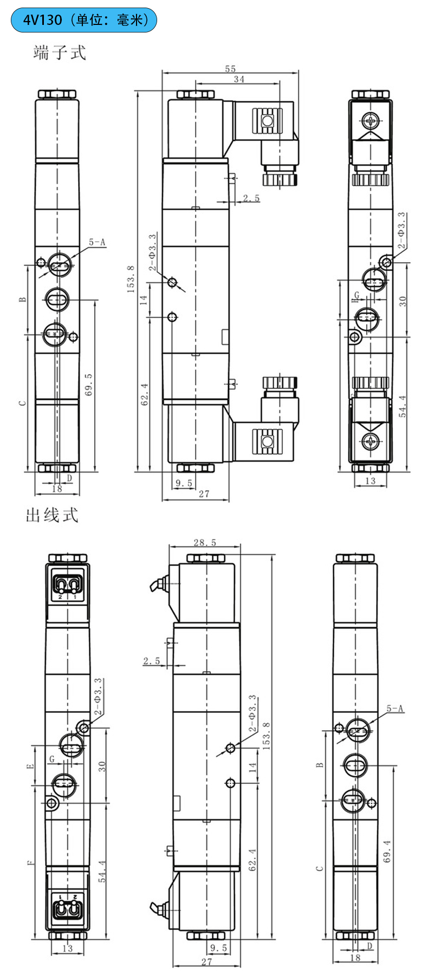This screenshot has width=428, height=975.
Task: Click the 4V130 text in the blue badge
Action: [42, 20]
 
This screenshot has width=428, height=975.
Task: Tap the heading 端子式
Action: [60, 53]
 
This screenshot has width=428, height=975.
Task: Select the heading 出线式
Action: [52, 515]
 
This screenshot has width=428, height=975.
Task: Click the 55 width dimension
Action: [230, 69]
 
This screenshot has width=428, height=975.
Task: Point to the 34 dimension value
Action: [239, 79]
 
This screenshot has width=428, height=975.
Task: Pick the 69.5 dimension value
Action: [88, 384]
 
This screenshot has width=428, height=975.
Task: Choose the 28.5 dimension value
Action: [205, 542]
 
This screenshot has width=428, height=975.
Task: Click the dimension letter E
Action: [30, 766]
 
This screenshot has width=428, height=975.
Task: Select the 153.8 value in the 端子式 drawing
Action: [131, 279]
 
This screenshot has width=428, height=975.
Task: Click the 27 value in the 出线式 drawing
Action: [206, 962]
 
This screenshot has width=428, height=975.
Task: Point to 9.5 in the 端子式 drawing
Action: [184, 483]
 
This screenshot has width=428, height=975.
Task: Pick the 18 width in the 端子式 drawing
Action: [56, 489]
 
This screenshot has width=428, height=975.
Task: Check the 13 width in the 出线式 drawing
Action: [67, 948]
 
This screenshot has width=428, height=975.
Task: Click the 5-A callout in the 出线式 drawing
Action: [395, 708]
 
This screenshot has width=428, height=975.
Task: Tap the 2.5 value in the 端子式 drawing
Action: [251, 198]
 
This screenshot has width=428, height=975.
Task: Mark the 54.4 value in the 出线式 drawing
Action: [102, 871]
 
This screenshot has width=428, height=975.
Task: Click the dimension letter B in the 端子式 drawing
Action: [23, 300]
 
